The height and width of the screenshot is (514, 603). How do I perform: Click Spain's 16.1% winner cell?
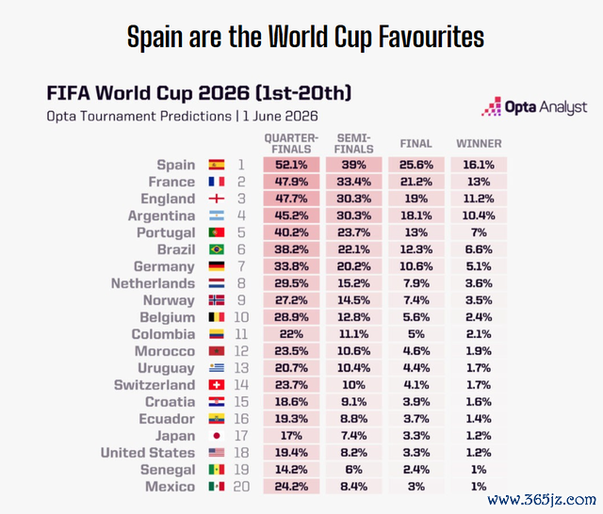pyautogui.click(x=479, y=165)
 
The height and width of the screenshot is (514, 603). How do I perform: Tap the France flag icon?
pyautogui.click(x=217, y=182)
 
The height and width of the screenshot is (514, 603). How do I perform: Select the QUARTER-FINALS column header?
pyautogui.click(x=291, y=144)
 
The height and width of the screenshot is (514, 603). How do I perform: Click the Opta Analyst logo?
pyautogui.click(x=534, y=106)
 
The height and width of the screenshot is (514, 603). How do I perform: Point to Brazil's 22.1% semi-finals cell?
pyautogui.click(x=354, y=249)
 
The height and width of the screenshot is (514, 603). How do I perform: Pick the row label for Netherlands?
pyautogui.click(x=153, y=283)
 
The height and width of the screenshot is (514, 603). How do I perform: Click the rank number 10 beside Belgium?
pyautogui.click(x=241, y=317)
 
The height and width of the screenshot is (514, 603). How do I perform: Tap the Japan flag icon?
pyautogui.click(x=217, y=436)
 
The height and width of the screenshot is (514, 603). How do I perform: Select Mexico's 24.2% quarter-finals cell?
pyautogui.click(x=291, y=487)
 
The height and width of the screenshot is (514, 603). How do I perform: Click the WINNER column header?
pyautogui.click(x=479, y=144)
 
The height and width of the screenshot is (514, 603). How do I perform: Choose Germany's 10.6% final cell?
pyautogui.click(x=416, y=266)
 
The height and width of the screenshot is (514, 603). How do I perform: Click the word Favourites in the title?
pyautogui.click(x=432, y=38)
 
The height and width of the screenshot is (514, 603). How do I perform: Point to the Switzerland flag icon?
pyautogui.click(x=217, y=385)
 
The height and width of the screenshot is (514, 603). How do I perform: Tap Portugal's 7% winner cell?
pyautogui.click(x=479, y=233)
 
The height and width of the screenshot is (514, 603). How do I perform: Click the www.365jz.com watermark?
pyautogui.click(x=542, y=500)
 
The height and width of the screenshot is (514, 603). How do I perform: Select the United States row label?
pyautogui.click(x=148, y=453)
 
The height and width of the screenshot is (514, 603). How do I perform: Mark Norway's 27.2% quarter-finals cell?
pyautogui.click(x=291, y=300)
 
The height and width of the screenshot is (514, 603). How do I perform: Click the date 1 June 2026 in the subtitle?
pyautogui.click(x=281, y=116)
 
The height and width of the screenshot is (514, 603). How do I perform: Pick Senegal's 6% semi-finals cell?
pyautogui.click(x=354, y=470)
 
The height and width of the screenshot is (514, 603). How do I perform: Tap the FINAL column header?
pyautogui.click(x=416, y=144)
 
